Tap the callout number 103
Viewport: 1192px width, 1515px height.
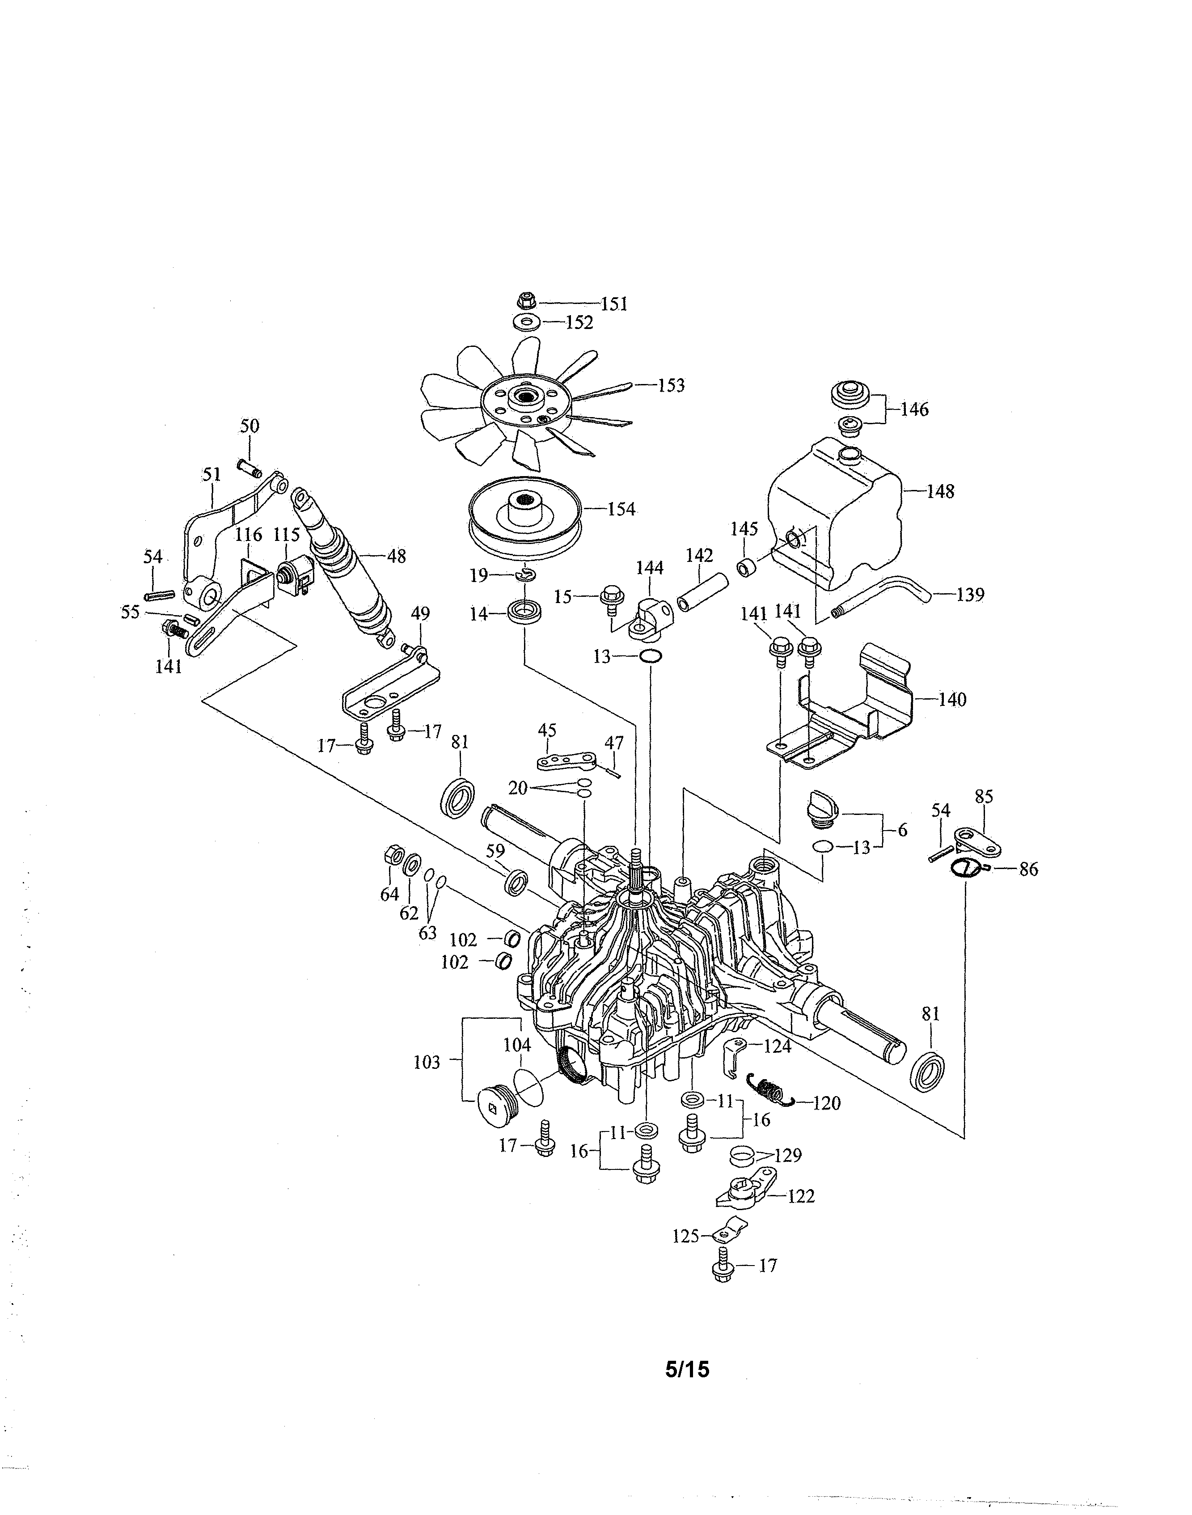click(427, 1062)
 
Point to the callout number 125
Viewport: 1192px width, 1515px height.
click(685, 1236)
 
